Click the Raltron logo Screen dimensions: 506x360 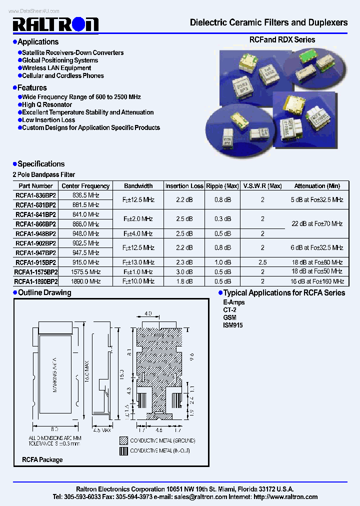tap(55, 24)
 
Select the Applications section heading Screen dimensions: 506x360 tap(38, 42)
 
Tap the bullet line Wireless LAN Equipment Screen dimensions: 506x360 tap(56, 68)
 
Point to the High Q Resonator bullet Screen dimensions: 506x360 tap(47, 105)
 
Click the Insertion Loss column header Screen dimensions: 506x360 tap(184, 186)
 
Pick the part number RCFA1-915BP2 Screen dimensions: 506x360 tap(35, 262)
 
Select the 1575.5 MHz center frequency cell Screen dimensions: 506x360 tap(86, 272)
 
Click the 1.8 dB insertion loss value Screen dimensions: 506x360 tap(184, 281)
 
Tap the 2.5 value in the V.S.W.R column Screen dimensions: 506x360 tap(262, 262)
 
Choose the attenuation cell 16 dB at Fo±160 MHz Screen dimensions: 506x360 tap(317, 281)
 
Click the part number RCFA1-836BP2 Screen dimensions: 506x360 tap(35, 195)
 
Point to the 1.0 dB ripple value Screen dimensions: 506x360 tap(222, 262)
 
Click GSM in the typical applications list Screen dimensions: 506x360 tap(230, 317)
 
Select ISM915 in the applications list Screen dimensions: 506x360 tap(233, 325)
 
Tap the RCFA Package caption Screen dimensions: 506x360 tap(42, 459)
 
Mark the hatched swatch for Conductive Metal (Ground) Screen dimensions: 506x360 tap(123, 440)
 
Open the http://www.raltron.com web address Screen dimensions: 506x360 tap(285, 497)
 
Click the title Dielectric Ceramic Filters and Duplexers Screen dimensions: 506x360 tap(268, 22)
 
